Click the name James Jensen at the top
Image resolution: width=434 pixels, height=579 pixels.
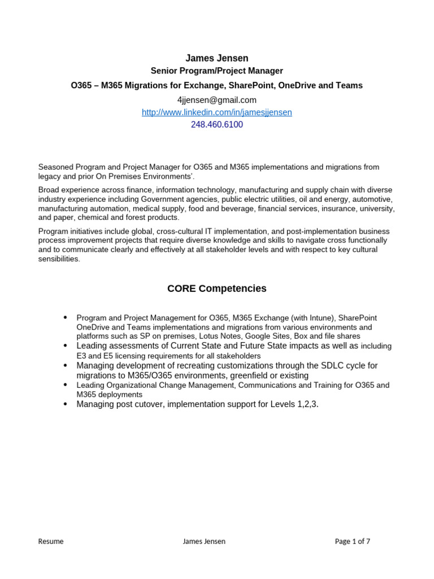click(217, 58)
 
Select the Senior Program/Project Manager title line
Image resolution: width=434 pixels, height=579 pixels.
click(217, 71)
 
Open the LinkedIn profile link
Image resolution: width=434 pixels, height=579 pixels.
click(217, 112)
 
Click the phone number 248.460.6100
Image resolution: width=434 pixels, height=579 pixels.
click(217, 124)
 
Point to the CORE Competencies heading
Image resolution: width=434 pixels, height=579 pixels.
click(217, 288)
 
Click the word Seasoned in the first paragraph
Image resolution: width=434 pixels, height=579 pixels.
click(55, 167)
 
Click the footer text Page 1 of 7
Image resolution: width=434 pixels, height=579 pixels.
click(353, 541)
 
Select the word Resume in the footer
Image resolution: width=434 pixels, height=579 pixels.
click(51, 541)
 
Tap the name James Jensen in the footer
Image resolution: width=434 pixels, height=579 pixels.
click(204, 541)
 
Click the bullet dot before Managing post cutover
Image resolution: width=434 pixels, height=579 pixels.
click(66, 404)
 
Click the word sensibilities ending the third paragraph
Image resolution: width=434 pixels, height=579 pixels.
click(59, 259)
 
